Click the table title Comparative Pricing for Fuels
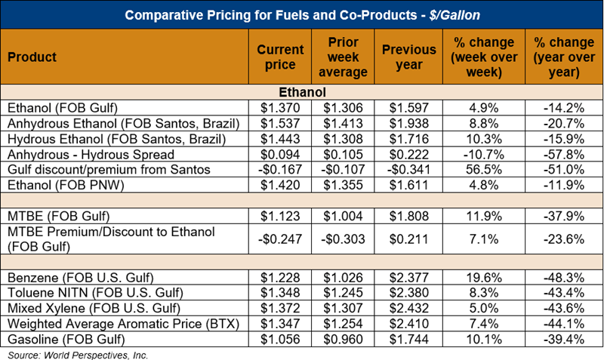(301, 14)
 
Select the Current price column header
(280, 57)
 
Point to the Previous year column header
(409, 57)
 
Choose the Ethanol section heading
(301, 91)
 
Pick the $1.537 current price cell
(280, 122)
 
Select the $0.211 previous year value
(409, 239)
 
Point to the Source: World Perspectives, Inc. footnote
(78, 353)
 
